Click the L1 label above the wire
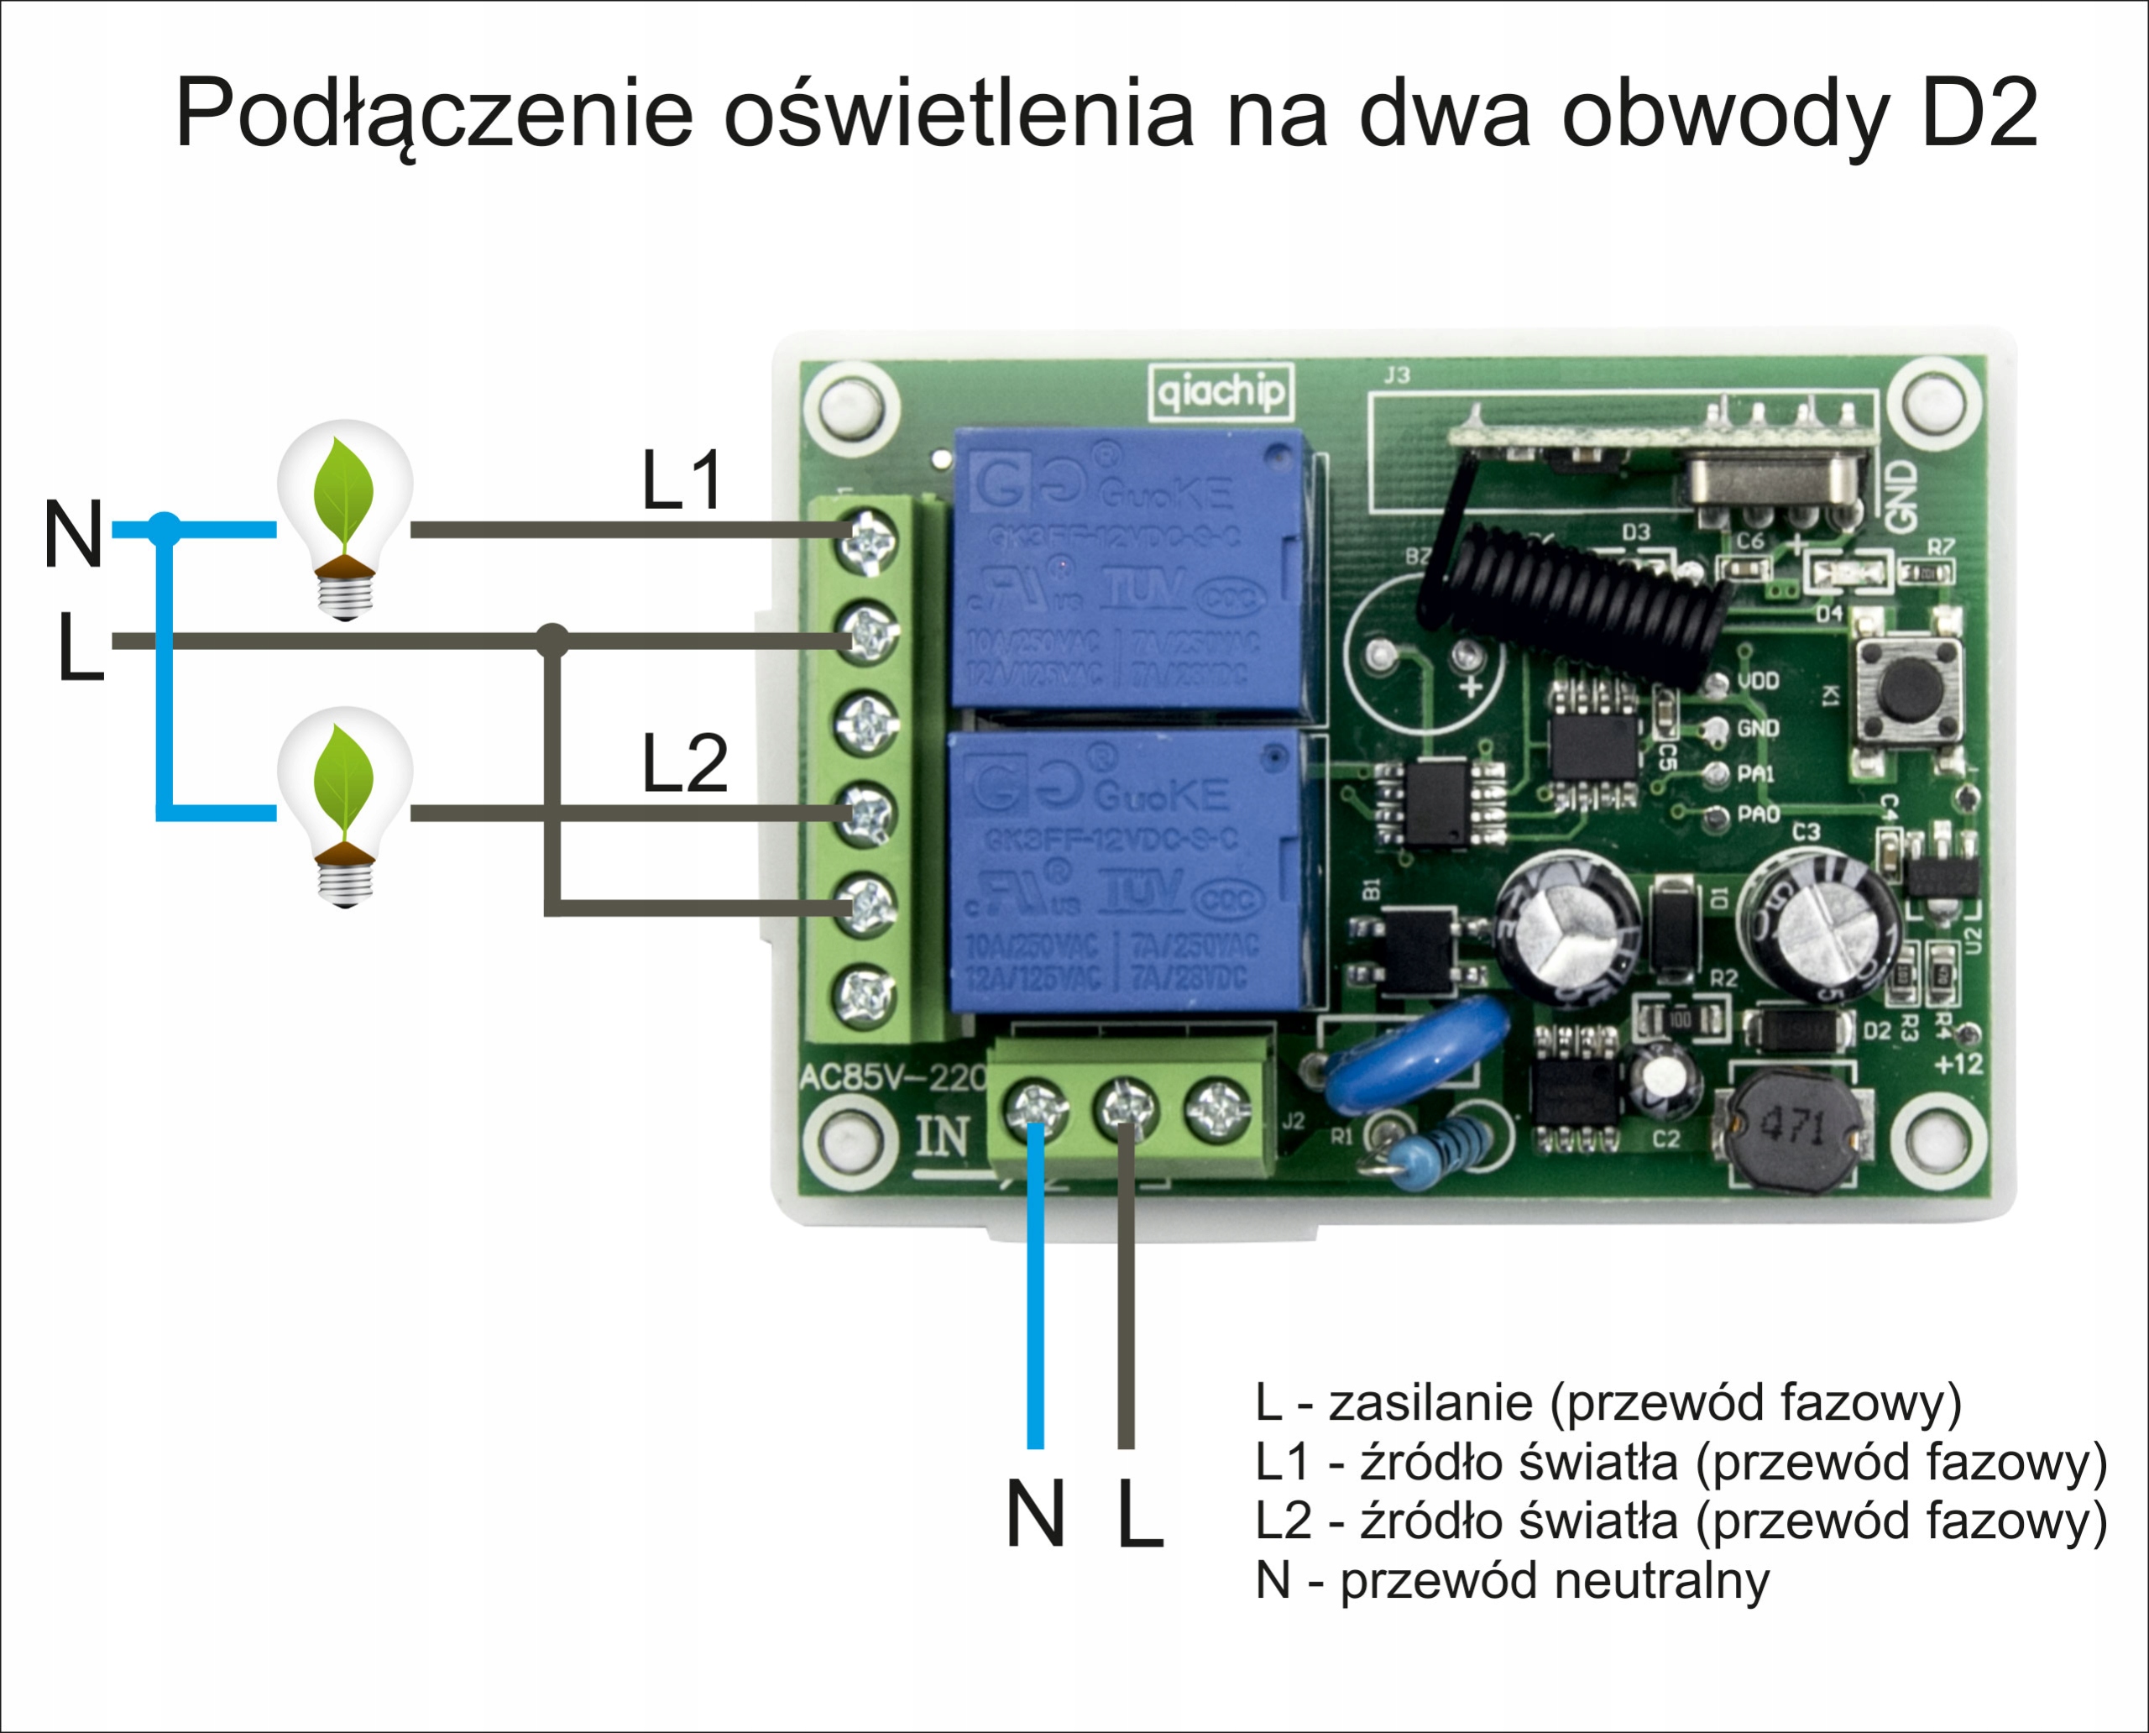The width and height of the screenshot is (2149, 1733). [682, 480]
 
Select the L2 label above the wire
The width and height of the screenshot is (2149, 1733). [683, 764]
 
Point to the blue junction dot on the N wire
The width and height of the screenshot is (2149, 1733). [165, 528]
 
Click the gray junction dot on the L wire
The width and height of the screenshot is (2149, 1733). [553, 640]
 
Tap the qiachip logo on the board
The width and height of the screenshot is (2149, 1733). [1221, 391]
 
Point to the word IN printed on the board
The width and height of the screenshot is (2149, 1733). [942, 1136]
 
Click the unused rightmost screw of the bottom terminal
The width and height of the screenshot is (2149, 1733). [1218, 1108]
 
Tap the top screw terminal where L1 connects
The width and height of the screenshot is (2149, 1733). [866, 542]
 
